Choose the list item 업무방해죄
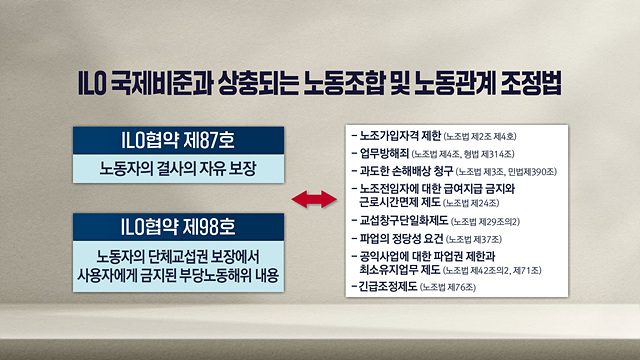point(384,153)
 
